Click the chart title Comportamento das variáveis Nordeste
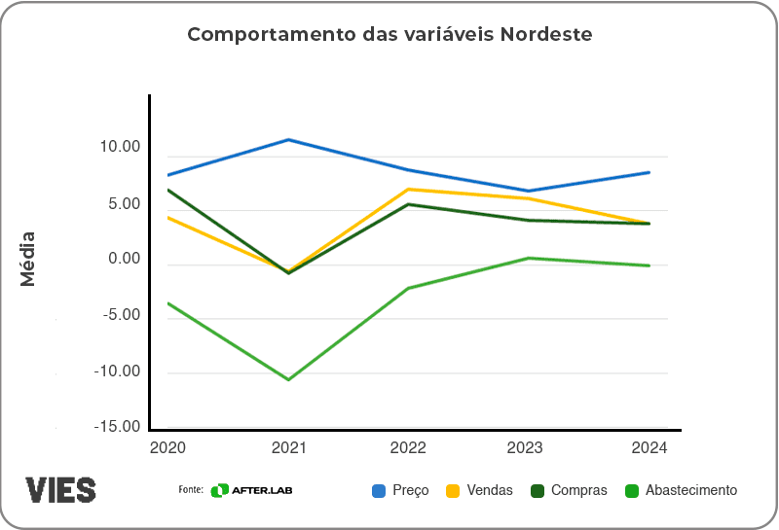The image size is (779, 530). tap(389, 34)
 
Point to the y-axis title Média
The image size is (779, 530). tap(27, 259)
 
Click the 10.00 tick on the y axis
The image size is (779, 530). tap(120, 147)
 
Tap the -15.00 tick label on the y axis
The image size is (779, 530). tap(117, 426)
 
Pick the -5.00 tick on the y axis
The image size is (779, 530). tap(120, 315)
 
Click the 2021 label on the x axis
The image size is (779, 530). tap(289, 447)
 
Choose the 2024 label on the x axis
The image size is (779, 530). tap(649, 447)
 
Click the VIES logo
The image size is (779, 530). tap(60, 489)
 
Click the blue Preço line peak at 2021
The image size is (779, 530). tap(289, 140)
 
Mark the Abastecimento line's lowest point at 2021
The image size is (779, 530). tap(289, 379)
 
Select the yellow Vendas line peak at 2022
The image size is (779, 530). tap(409, 189)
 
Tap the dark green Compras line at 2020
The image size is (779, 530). tap(169, 190)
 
